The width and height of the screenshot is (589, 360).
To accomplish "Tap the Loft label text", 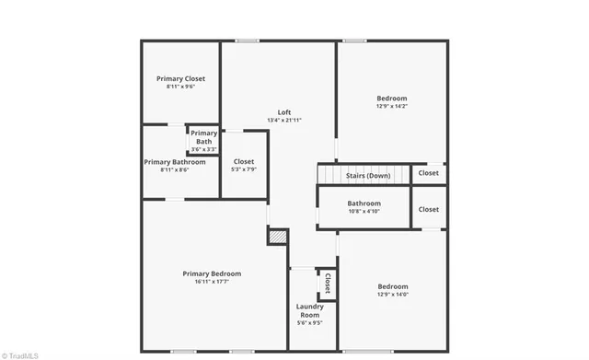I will pyautogui.click(x=284, y=112).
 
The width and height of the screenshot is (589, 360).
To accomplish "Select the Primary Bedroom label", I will pyautogui.click(x=212, y=273).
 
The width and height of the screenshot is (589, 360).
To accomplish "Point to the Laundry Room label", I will pyautogui.click(x=309, y=310).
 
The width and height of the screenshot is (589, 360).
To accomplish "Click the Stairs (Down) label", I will pyautogui.click(x=368, y=175).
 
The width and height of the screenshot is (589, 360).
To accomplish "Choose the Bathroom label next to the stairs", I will pyautogui.click(x=364, y=203).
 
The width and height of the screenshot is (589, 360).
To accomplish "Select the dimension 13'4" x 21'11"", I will pyautogui.click(x=284, y=121).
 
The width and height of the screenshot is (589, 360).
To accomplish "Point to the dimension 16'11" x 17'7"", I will pyautogui.click(x=212, y=282).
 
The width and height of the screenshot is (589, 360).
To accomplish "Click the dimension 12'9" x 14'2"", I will pyautogui.click(x=391, y=106).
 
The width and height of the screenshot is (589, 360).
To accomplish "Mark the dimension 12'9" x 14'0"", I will pyautogui.click(x=392, y=294).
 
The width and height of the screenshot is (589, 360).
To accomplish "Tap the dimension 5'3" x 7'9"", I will pyautogui.click(x=244, y=169).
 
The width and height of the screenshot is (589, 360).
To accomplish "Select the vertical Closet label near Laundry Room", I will pyautogui.click(x=327, y=284).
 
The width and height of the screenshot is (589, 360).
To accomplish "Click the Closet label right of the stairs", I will pyautogui.click(x=429, y=172).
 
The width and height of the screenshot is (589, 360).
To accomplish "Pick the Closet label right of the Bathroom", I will pyautogui.click(x=429, y=209).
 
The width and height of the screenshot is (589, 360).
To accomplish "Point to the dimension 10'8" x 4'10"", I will pyautogui.click(x=364, y=212).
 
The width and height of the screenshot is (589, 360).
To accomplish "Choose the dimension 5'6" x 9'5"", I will pyautogui.click(x=309, y=323).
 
